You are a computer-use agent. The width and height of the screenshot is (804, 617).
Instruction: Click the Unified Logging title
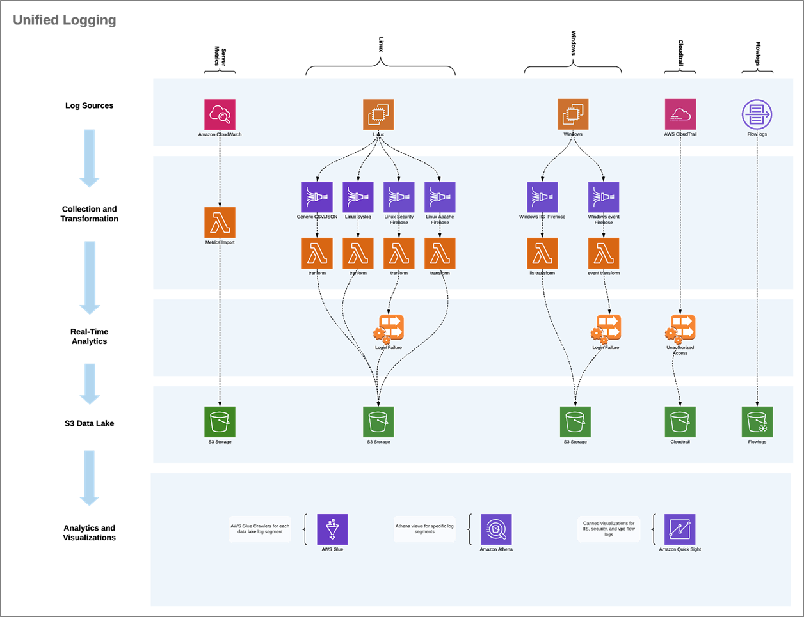tap(65, 20)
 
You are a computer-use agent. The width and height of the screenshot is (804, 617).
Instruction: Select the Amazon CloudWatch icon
tap(220, 114)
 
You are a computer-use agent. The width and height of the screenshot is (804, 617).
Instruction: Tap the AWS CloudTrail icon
tap(680, 114)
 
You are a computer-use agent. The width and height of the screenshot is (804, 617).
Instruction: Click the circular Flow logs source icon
tap(757, 114)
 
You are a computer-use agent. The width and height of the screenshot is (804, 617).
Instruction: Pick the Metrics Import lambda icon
tap(220, 223)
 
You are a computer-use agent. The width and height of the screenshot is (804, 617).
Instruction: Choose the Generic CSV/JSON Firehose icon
tap(317, 197)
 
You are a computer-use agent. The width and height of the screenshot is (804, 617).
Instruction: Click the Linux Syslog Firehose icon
tap(358, 197)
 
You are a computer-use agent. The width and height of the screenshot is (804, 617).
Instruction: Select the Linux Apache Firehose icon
tap(440, 197)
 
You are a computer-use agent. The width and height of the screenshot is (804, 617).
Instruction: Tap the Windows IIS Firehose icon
tap(542, 197)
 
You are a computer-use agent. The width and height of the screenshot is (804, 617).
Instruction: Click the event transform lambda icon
tap(603, 253)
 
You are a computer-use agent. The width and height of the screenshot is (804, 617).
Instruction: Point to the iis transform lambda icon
tap(542, 253)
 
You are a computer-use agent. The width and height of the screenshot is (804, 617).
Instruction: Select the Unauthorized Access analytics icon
tap(680, 329)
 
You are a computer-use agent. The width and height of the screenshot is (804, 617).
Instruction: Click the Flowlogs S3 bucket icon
tap(757, 422)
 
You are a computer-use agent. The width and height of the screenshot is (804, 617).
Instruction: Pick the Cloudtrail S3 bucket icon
tap(680, 422)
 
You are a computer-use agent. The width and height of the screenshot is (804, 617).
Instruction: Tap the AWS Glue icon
tap(332, 529)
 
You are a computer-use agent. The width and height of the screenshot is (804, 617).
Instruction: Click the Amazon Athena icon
tap(496, 529)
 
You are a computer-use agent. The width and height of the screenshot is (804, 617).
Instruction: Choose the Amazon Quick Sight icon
tap(680, 529)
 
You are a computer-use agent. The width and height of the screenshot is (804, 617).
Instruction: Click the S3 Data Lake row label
tap(89, 423)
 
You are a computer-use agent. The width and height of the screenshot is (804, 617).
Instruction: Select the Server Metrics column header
tap(220, 58)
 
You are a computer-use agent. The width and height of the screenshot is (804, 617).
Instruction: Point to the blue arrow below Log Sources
tap(90, 157)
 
